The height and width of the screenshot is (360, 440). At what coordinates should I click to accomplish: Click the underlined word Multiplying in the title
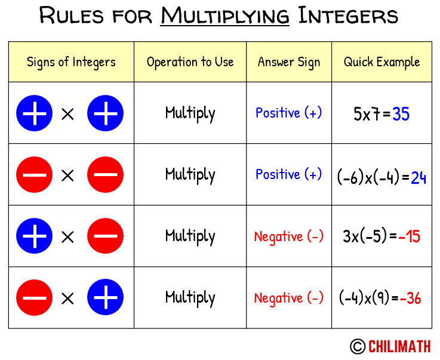click(x=224, y=16)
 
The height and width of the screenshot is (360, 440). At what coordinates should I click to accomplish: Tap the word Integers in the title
click(x=348, y=16)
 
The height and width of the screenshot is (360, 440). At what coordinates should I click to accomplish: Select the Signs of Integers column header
click(x=71, y=62)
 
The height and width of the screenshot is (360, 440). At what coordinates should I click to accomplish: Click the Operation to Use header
click(x=190, y=62)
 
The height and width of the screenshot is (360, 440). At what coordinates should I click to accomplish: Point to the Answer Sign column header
click(x=289, y=62)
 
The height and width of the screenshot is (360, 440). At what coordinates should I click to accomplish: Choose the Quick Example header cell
click(x=381, y=62)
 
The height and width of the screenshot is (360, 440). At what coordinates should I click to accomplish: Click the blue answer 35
click(x=401, y=113)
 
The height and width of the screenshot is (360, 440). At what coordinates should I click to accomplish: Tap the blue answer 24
click(x=418, y=177)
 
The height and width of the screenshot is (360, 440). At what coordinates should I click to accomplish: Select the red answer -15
click(x=409, y=236)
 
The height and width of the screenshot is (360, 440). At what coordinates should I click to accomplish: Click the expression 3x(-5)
click(x=365, y=236)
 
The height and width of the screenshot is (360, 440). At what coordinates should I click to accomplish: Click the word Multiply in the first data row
click(x=190, y=113)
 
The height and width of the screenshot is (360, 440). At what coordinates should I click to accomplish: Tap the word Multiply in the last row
click(x=190, y=297)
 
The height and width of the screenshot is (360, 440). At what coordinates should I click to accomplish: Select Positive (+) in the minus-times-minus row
click(x=289, y=174)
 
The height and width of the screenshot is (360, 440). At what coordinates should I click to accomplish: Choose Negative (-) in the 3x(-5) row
click(x=289, y=236)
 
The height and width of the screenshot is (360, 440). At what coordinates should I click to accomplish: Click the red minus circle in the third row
click(x=106, y=236)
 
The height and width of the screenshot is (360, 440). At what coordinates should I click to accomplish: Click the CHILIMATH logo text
click(x=399, y=346)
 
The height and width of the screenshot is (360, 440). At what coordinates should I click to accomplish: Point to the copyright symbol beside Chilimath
click(x=358, y=346)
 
